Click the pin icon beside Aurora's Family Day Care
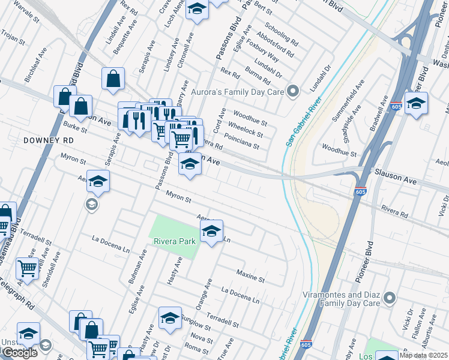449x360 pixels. pos(293,92)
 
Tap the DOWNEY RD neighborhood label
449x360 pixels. pos(48,140)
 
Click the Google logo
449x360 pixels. pos(19,353)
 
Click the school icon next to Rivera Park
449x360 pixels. pos(211,232)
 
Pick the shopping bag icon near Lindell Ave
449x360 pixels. pos(113,79)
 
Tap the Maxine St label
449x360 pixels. pos(250,276)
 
